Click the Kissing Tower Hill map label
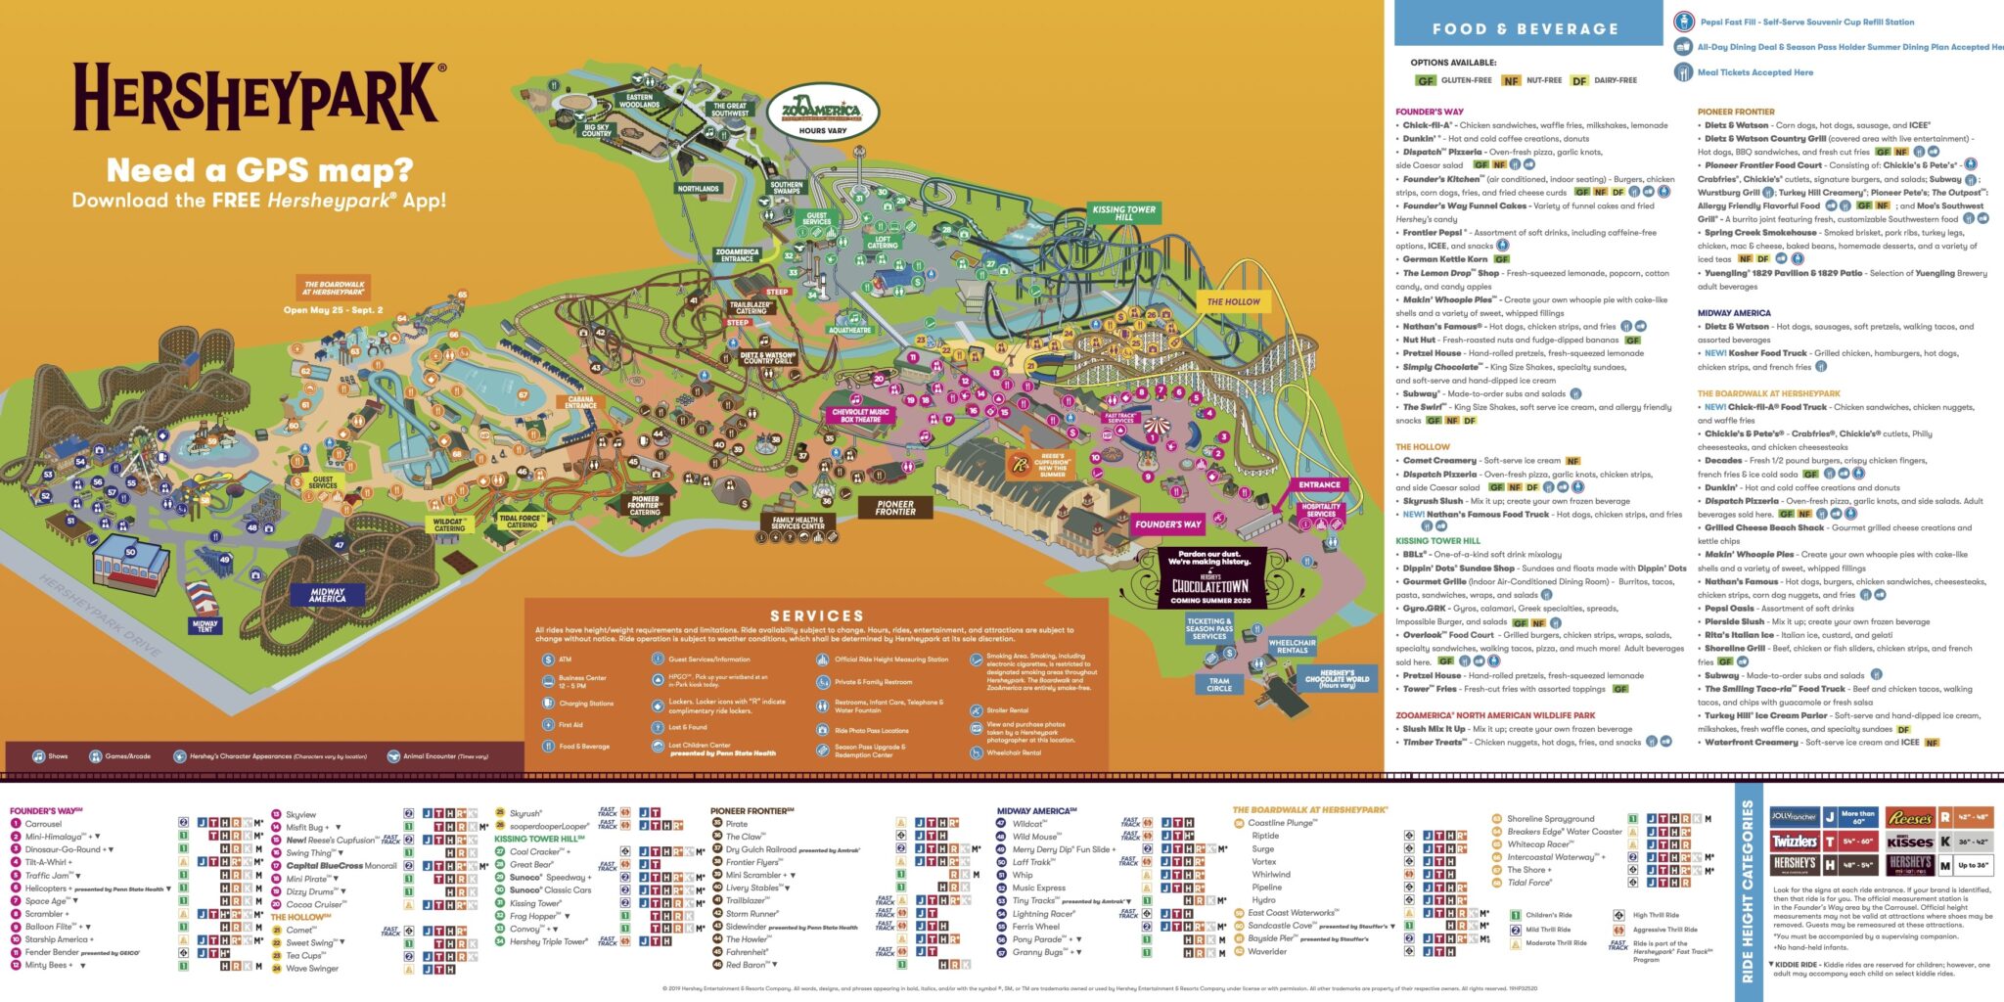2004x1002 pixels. [1123, 212]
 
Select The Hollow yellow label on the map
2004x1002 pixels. [1233, 302]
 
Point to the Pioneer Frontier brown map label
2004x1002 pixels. [894, 507]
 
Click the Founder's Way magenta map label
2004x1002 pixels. [1167, 524]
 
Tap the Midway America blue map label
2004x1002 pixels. [327, 594]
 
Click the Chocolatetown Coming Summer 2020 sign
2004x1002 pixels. [1210, 579]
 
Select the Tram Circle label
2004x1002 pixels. [1219, 685]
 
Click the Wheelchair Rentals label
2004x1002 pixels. [1292, 647]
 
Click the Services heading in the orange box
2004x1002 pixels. [816, 615]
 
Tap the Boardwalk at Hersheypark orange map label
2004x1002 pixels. [334, 288]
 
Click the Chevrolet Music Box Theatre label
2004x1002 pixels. [860, 416]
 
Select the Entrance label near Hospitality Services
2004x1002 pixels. [1319, 485]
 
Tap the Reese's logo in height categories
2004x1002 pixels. [1909, 817]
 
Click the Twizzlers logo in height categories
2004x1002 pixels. [1794, 841]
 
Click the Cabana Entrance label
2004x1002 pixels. [580, 402]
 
